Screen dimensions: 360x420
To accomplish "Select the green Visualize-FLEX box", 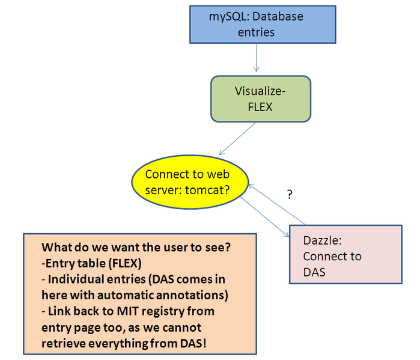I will [x=260, y=99].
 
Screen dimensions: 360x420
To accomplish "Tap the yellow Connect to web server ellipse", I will [x=188, y=182].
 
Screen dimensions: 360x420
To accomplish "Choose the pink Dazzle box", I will [x=345, y=255].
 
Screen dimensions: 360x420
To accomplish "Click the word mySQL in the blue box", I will [x=225, y=17].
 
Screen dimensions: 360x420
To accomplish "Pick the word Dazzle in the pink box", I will [x=322, y=240].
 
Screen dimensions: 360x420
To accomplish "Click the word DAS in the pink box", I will [x=314, y=272].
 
